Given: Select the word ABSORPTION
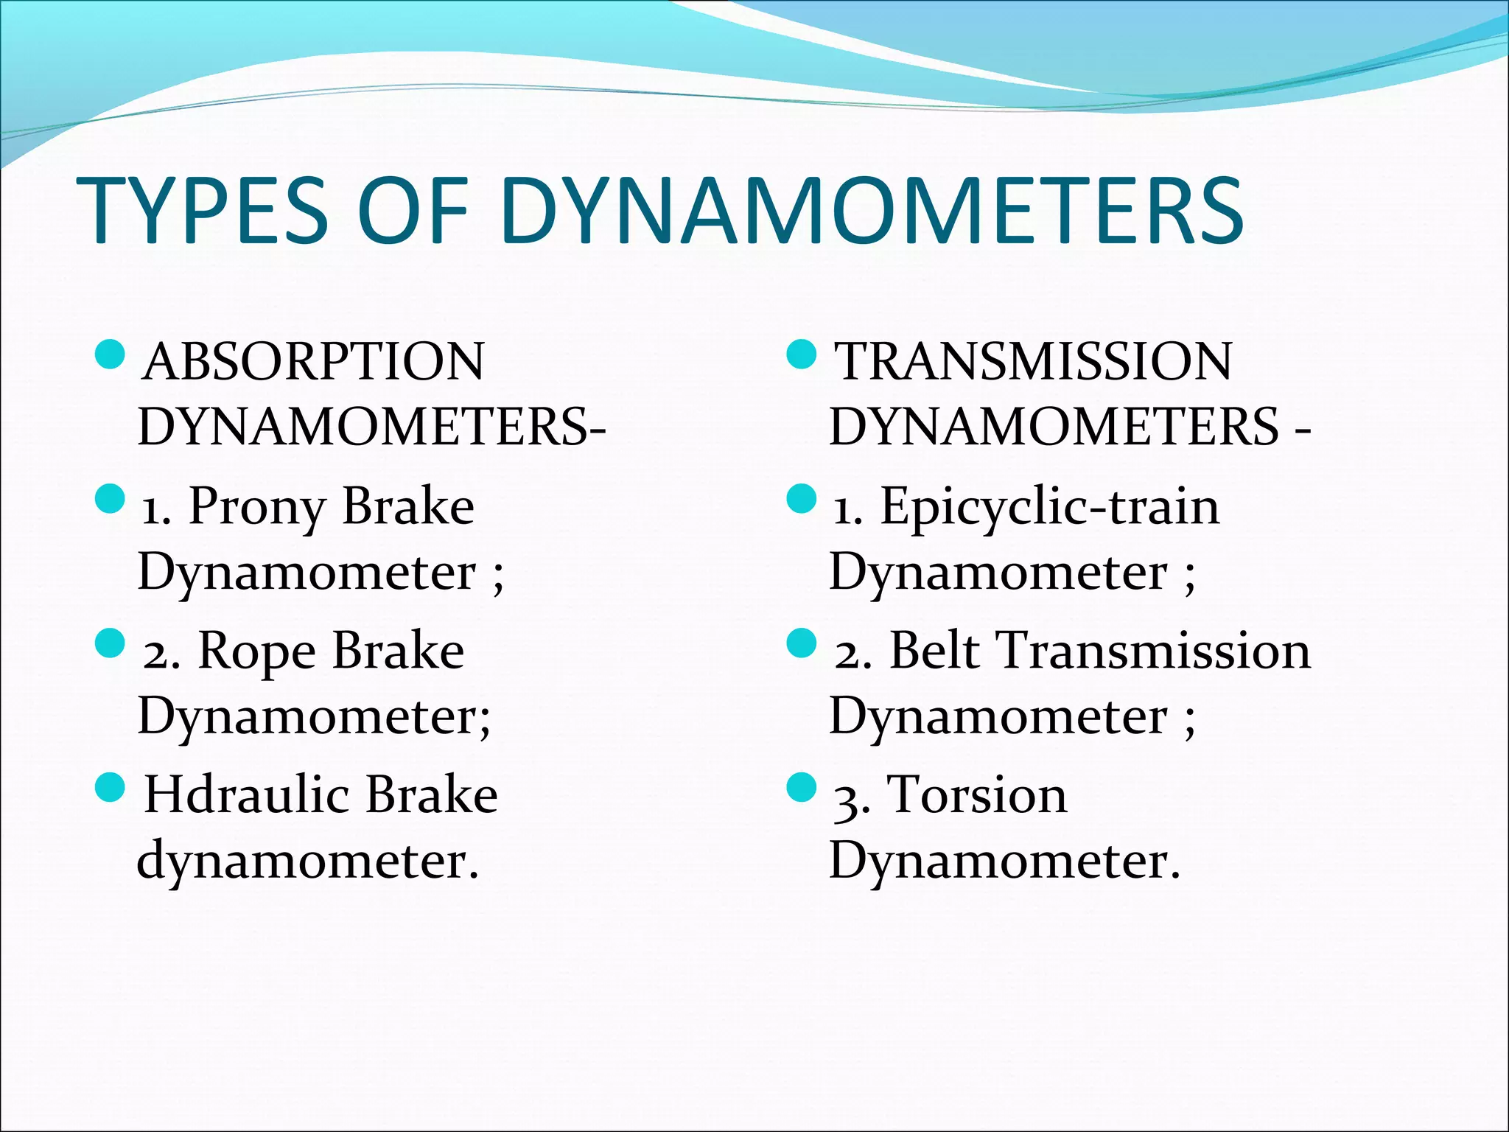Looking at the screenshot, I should (315, 362).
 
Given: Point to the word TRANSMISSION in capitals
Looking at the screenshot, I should (1033, 362).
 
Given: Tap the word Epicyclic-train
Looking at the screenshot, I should (1050, 507).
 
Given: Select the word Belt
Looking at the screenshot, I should (934, 651).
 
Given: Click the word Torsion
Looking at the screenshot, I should (977, 795).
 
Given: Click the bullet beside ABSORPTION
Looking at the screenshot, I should (111, 354).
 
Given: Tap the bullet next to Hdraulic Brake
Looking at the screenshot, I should (111, 787).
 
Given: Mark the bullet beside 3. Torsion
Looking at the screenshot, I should (802, 787).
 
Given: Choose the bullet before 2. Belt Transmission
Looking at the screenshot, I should (802, 643).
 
